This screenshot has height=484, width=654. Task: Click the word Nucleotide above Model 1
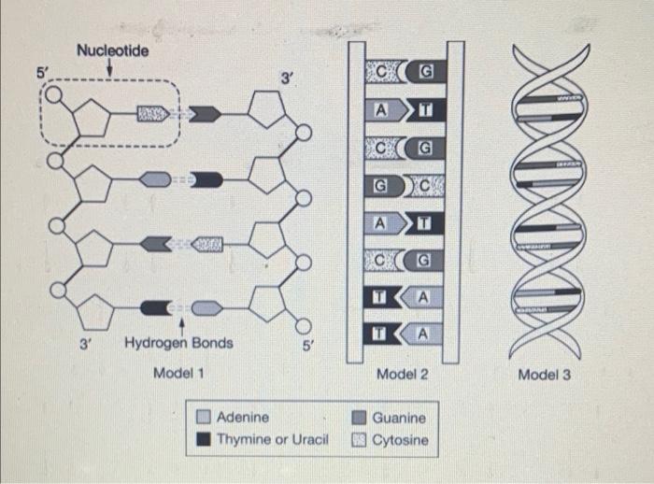[x=112, y=50]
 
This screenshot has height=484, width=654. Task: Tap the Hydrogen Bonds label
[x=178, y=343]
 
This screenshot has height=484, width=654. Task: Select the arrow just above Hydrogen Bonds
[x=179, y=324]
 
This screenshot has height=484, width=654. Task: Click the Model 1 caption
[x=178, y=373]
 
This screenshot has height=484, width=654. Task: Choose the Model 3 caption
[x=545, y=375]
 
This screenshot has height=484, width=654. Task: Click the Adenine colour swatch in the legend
[x=203, y=418]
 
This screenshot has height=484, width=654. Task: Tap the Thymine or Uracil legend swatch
[x=203, y=438]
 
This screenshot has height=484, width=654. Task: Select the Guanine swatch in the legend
[x=359, y=418]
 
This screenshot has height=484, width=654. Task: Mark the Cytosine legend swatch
[x=359, y=438]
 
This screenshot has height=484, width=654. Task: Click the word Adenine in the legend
[x=243, y=418]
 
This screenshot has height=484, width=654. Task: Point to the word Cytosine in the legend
[x=401, y=439]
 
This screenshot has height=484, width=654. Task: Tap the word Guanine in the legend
[x=399, y=418]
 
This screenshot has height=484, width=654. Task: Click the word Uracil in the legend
[x=306, y=439]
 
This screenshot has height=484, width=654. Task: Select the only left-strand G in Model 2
[x=380, y=185]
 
